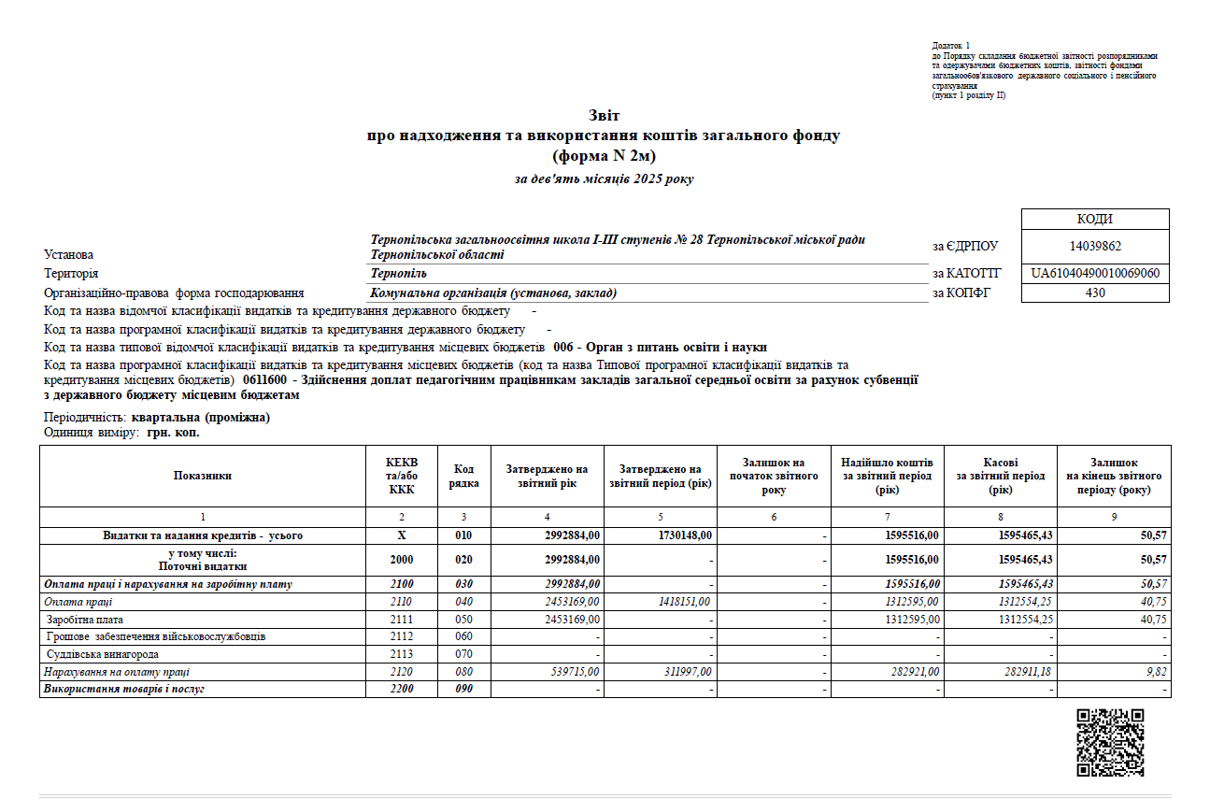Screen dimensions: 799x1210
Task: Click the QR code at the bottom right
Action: [x=1110, y=742]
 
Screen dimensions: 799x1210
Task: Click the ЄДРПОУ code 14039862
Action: [x=1095, y=247]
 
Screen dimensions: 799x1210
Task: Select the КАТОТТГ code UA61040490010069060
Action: [x=1095, y=274]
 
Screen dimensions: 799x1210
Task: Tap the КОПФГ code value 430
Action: [x=1095, y=293]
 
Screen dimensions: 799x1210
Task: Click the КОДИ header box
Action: [x=1095, y=220]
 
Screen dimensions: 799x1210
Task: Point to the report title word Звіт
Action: [x=604, y=116]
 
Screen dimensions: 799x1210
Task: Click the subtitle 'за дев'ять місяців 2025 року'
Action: [x=604, y=178]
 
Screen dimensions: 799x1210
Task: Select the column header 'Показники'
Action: [x=203, y=477]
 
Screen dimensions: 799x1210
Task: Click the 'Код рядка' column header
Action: [x=464, y=477]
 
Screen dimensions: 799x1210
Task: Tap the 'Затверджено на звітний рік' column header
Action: [x=548, y=477]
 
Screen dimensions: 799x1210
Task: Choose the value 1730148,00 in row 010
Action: [x=683, y=535]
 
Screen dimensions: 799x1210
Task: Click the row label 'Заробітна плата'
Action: [x=85, y=620]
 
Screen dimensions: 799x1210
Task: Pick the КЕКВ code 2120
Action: [x=402, y=672]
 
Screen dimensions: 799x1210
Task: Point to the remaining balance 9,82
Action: [x=1155, y=672]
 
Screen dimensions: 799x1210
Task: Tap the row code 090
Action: [x=464, y=690]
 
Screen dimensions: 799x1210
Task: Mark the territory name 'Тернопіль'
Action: [x=399, y=274]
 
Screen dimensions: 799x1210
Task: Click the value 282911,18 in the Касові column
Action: [x=1025, y=672]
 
